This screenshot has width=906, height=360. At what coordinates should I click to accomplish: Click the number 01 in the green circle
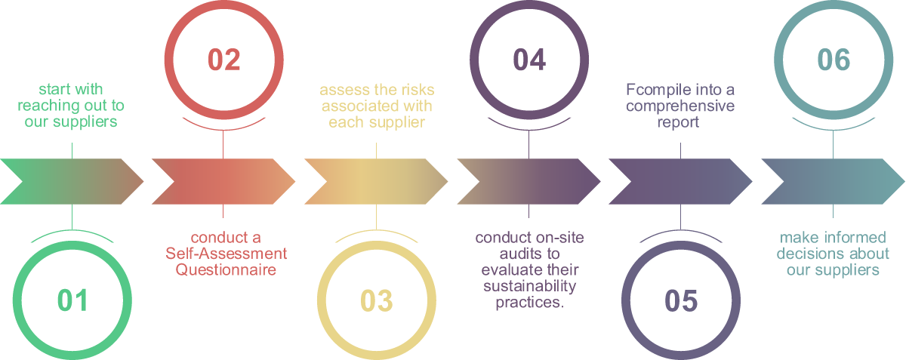(x=72, y=300)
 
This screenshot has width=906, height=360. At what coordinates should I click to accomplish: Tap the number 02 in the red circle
(x=223, y=60)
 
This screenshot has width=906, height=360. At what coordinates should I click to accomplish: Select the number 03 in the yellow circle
(x=376, y=300)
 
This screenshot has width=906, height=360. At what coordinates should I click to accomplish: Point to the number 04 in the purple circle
(x=528, y=60)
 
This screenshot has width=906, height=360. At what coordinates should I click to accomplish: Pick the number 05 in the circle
(x=681, y=300)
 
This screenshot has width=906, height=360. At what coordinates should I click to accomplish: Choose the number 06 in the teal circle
(x=833, y=60)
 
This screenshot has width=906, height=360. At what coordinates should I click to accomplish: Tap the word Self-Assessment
(x=226, y=254)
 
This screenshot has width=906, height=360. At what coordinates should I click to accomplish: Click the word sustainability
(x=528, y=286)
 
